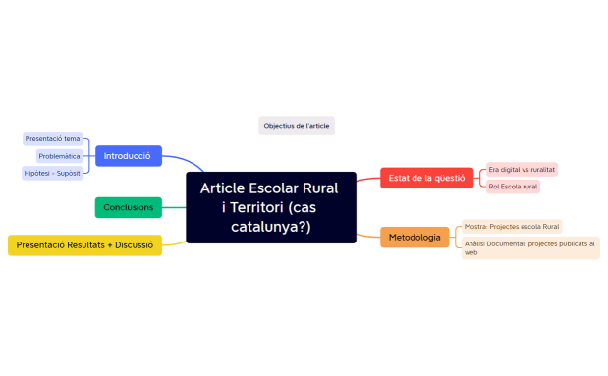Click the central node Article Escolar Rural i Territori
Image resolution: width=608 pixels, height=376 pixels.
click(270, 207)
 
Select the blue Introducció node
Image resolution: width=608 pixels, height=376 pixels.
click(128, 156)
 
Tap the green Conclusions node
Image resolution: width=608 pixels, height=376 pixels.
click(128, 207)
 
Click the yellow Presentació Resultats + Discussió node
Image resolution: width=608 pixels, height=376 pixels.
click(84, 244)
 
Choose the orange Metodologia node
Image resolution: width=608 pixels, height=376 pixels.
click(414, 238)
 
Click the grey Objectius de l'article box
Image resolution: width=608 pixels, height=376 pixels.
click(297, 126)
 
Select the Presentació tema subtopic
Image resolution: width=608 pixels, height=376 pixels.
click(53, 139)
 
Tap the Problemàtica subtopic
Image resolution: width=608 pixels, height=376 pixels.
click(60, 156)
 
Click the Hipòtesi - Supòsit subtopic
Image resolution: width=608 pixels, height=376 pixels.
click(53, 174)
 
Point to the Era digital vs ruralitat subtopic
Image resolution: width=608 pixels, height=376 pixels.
click(522, 170)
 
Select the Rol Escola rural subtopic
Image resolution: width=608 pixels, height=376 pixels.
click(513, 187)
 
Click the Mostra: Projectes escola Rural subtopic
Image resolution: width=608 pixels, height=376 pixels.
click(512, 227)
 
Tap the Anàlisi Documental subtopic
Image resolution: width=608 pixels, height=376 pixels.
click(529, 247)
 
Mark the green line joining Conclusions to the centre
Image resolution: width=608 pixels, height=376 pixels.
click(174, 207)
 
